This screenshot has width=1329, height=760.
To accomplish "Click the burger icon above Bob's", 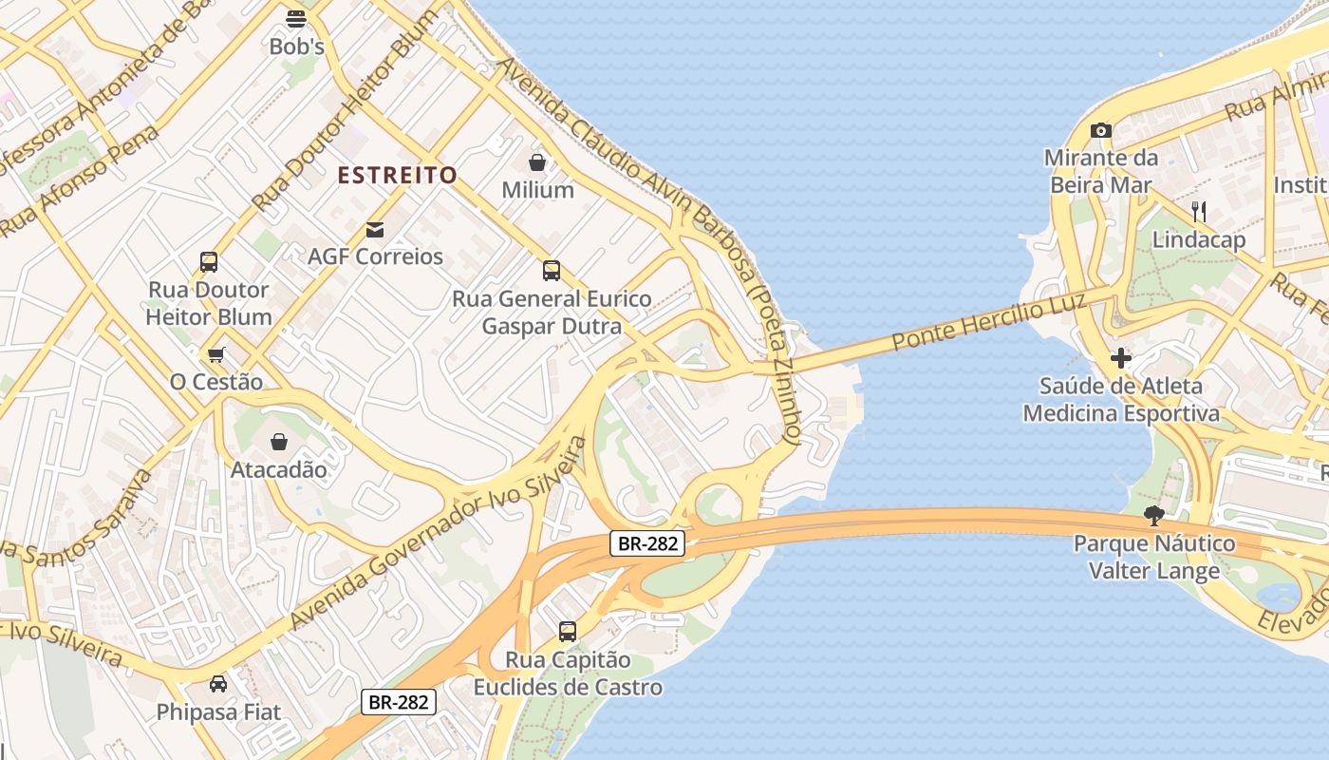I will [296, 18].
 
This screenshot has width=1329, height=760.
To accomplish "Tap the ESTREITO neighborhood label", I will [398, 175].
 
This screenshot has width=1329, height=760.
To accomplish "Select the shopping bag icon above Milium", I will [537, 162].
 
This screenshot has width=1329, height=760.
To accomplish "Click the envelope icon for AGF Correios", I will [375, 229].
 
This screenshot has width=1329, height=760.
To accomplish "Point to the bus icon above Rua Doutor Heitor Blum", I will [209, 262].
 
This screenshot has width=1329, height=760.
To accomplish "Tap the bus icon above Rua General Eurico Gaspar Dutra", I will [552, 271].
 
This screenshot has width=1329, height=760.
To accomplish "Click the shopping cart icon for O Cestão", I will [216, 354].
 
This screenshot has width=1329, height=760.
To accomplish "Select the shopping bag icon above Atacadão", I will [279, 442].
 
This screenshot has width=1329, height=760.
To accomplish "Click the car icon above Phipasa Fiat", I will [218, 684].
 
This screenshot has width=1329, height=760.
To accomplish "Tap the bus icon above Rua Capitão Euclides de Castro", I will [568, 631].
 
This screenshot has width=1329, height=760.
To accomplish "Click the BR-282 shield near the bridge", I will [646, 543].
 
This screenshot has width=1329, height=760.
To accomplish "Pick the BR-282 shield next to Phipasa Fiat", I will [399, 702].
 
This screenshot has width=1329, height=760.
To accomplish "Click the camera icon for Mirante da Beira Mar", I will [1100, 130].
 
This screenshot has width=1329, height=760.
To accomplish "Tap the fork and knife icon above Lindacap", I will [1199, 211].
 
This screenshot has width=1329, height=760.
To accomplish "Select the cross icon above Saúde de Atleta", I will [1121, 358].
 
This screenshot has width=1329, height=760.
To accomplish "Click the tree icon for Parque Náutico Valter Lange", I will [1154, 516].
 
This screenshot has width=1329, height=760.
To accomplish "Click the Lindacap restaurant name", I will [1198, 239].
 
